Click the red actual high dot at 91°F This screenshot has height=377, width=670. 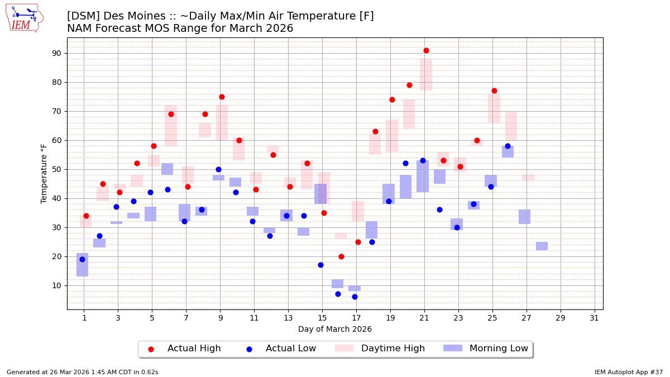click(x=426, y=50)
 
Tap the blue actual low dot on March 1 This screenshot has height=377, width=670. click(x=82, y=259)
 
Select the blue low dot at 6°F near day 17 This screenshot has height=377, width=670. click(x=355, y=297)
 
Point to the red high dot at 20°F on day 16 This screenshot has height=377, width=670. click(x=341, y=256)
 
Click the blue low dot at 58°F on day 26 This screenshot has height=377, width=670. click(x=508, y=146)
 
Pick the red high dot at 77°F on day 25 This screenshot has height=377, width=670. click(x=494, y=90)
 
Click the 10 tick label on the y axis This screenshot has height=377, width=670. click(x=56, y=285)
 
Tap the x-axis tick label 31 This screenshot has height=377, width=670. click(x=595, y=318)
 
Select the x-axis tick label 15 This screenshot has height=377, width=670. click(x=322, y=318)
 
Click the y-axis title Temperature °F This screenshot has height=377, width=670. click(x=44, y=173)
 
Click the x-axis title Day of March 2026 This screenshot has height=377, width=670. click(x=335, y=329)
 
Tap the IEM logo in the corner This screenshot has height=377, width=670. click(x=24, y=18)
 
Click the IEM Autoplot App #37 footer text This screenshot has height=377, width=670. click(x=628, y=372)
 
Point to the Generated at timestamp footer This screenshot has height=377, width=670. click(x=83, y=372)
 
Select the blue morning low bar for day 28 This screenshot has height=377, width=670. click(x=542, y=246)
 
